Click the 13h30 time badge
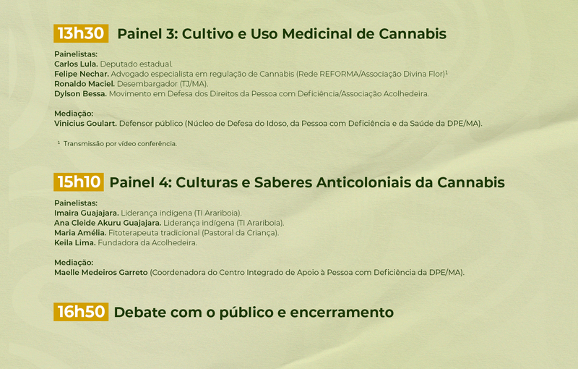click(81, 33)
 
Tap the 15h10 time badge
click(79, 182)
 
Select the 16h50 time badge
click(81, 312)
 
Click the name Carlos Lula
click(76, 64)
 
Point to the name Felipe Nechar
click(82, 74)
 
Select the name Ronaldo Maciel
click(85, 84)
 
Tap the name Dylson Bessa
click(80, 94)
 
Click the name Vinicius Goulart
click(85, 123)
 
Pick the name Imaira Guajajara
click(87, 213)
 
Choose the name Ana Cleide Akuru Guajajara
click(108, 223)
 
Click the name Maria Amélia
click(80, 233)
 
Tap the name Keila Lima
click(75, 243)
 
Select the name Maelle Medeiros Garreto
click(101, 272)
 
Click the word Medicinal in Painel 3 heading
click(317, 33)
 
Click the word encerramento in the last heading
click(342, 312)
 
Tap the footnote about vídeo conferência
click(117, 143)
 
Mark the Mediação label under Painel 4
click(74, 263)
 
